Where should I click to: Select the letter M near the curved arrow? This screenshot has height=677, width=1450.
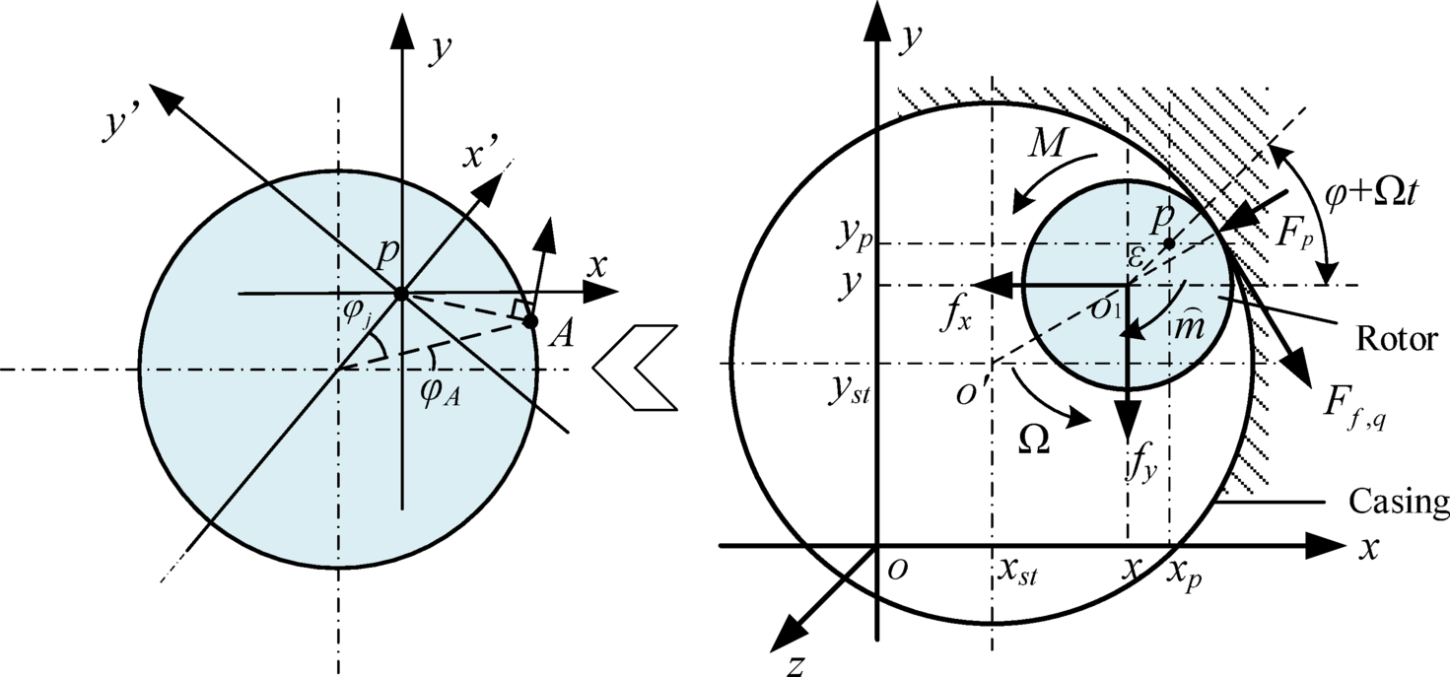[x=1045, y=146]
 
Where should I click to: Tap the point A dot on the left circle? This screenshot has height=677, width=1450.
[x=530, y=321]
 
